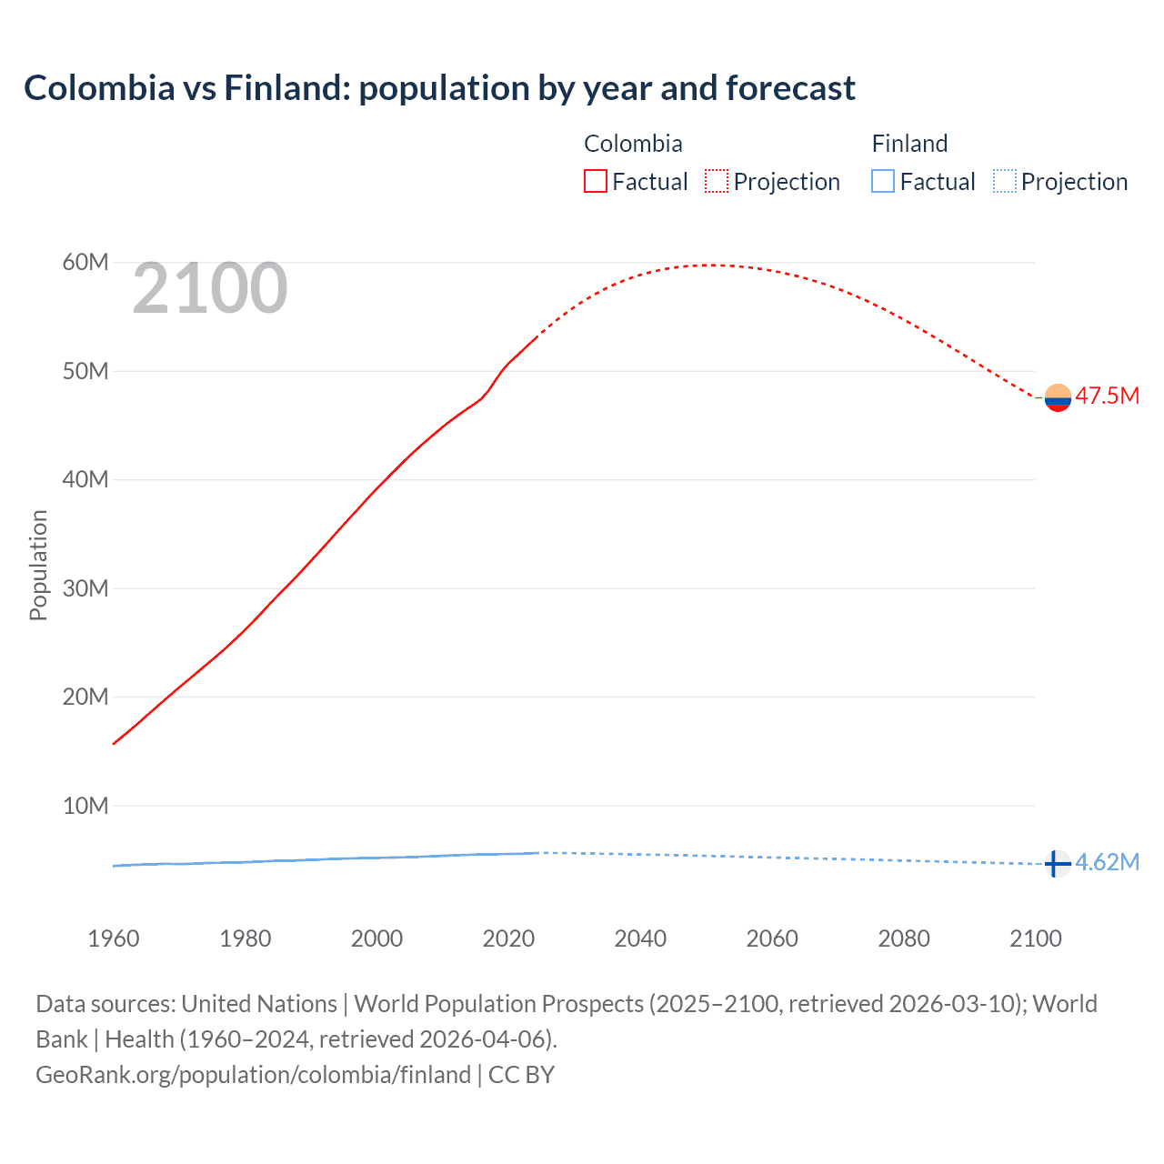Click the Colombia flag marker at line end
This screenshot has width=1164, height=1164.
click(1058, 397)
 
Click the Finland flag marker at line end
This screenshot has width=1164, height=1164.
click(1056, 863)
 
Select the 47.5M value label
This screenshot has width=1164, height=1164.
click(1107, 396)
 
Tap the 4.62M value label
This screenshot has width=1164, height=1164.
click(1107, 862)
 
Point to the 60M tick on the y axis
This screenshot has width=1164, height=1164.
click(85, 263)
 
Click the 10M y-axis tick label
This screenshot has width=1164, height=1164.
click(85, 806)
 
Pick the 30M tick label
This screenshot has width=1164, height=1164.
click(85, 588)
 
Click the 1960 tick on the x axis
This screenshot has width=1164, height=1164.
click(114, 938)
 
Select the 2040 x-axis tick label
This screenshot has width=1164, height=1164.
click(640, 938)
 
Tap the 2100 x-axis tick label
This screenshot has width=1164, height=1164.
click(1035, 938)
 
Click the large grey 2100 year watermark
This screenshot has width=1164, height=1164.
click(210, 289)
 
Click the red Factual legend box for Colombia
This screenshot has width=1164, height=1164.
click(595, 182)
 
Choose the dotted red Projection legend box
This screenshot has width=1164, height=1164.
click(717, 182)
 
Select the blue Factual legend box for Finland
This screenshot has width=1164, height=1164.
click(883, 182)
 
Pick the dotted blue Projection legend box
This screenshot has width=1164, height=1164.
click(1005, 182)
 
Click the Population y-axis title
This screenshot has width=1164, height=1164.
click(38, 565)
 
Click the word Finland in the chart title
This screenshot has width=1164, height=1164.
click(286, 88)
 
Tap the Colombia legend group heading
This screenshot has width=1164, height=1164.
click(633, 144)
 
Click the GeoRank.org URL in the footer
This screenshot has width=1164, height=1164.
click(253, 1075)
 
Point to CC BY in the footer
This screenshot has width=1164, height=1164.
click(522, 1075)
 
